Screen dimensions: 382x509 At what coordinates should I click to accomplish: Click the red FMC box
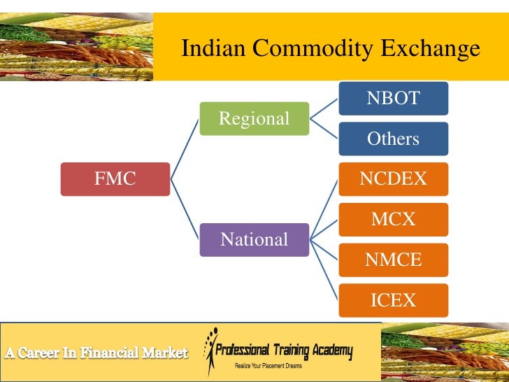115,179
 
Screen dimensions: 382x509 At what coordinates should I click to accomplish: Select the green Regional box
254,119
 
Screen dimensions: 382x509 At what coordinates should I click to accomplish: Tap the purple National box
254,240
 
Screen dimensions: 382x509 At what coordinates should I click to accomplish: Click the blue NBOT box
393,98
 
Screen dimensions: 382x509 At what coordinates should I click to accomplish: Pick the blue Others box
393,139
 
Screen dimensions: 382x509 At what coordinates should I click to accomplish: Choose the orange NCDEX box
393,179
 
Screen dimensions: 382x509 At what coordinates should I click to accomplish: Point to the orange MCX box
393,220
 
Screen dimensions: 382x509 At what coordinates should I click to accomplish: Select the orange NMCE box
393,260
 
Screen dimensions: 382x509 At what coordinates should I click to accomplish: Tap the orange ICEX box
393,301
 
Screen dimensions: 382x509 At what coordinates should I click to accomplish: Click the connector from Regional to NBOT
324,108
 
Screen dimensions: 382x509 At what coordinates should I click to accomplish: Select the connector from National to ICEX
324,270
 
